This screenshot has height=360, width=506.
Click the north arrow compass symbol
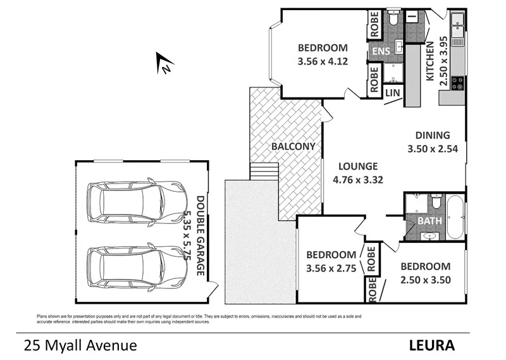coord(164,64)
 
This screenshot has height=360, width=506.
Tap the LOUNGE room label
coord(358,166)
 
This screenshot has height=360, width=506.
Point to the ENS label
coord(381,51)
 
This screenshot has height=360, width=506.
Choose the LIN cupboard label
coord(393,92)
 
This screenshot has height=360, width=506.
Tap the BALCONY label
coord(293,146)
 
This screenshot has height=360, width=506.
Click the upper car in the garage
coord(137,202)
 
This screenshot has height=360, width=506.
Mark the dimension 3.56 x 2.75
coord(332,268)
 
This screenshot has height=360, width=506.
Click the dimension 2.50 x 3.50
coord(426,280)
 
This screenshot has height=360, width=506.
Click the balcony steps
coord(264,171)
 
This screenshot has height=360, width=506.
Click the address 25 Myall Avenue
coord(80,346)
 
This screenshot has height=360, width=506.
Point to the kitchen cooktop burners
coord(457,83)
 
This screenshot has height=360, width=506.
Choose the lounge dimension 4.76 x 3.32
coord(359,180)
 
